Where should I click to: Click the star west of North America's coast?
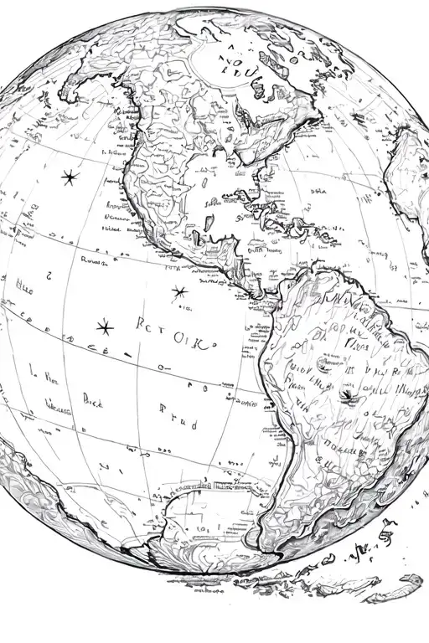(x=68, y=177)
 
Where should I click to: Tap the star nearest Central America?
(x=178, y=292)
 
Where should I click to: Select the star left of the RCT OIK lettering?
(x=104, y=327)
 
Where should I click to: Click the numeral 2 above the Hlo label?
(x=49, y=274)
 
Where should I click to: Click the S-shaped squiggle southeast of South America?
(x=387, y=529)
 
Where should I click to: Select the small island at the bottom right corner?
(x=411, y=579)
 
